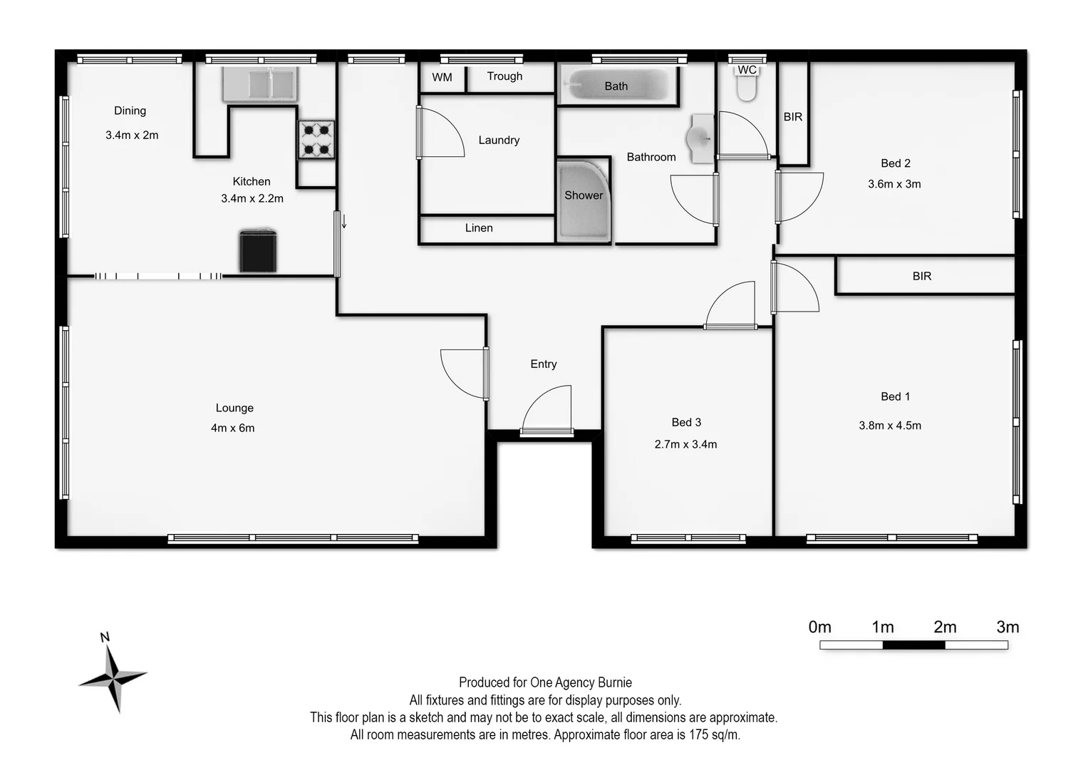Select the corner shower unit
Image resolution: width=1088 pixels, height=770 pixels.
[584, 201]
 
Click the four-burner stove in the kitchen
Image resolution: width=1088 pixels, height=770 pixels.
[316, 139]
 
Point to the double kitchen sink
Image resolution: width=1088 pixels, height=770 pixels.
[259, 84]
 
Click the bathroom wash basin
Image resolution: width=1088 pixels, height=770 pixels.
[700, 137]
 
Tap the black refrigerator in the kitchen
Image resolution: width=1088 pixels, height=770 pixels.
[257, 251]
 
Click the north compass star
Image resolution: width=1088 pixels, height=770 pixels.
[113, 674]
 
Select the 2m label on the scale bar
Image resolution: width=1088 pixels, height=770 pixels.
[945, 627]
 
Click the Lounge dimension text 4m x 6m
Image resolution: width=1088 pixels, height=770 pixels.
[233, 428]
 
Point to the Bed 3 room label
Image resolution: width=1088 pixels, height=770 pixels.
[686, 422]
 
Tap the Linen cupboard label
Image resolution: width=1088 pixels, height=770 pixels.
[479, 228]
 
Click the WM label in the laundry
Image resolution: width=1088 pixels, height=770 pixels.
[442, 78]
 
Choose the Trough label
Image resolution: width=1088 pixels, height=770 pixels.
[504, 76]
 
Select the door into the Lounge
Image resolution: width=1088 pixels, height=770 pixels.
[465, 373]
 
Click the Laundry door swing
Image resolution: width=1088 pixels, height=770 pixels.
[440, 133]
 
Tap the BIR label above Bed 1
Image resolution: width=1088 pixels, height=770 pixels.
[922, 276]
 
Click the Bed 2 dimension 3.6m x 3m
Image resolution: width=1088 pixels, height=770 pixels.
[894, 184]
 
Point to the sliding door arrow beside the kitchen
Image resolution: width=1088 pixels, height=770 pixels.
[344, 221]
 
